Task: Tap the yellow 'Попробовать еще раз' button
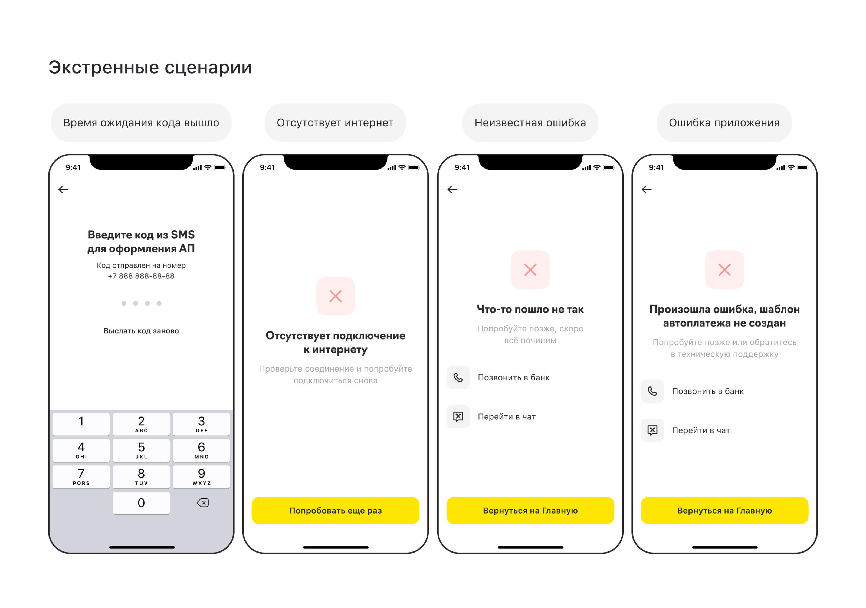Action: (x=335, y=510)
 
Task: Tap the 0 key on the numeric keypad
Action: (x=141, y=503)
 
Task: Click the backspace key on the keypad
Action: (x=202, y=502)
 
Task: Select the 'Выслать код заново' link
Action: (x=141, y=331)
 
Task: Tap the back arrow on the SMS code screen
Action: (x=63, y=189)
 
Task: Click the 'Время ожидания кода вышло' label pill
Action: (x=141, y=123)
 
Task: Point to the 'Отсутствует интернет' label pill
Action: (x=335, y=123)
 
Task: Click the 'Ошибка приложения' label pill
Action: (x=724, y=123)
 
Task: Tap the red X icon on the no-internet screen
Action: (x=335, y=296)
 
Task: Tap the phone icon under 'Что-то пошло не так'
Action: (x=458, y=377)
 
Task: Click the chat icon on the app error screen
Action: (x=652, y=430)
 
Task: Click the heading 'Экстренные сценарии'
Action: (x=150, y=68)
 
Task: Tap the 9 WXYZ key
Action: (x=201, y=477)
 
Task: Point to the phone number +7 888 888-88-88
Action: (x=141, y=276)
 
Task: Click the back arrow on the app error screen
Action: (x=647, y=189)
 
